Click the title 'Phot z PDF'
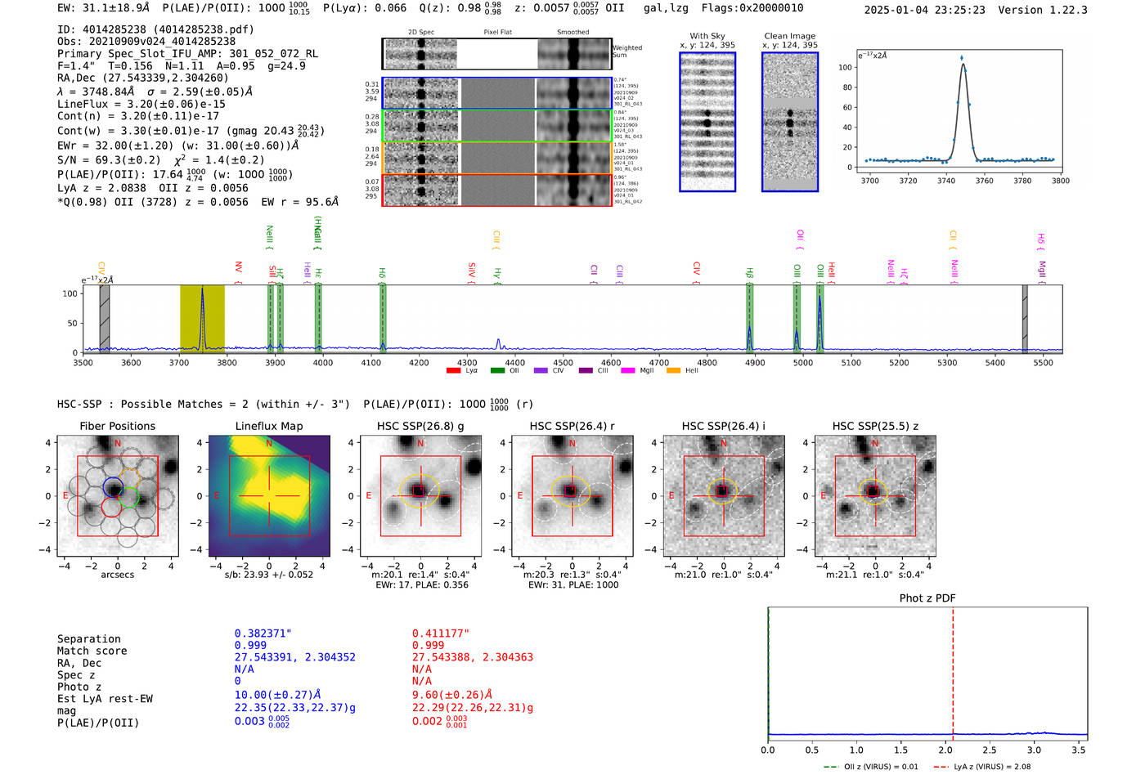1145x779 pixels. tap(927, 598)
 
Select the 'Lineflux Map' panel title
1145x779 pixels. tap(268, 426)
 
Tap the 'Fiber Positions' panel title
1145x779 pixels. tap(117, 426)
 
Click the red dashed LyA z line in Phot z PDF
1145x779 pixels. tap(953, 670)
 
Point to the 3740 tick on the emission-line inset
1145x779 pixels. tap(946, 181)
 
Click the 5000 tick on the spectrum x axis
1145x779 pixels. tap(803, 362)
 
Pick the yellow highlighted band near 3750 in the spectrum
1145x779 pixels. tap(202, 319)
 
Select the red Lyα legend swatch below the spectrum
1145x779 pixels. tap(454, 371)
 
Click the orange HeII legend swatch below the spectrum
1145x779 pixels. tap(673, 371)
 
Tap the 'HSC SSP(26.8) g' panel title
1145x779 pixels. tap(420, 426)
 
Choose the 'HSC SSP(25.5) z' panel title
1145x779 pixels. tap(875, 426)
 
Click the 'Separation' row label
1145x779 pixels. tap(88, 639)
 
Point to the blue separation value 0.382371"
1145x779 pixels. tap(263, 633)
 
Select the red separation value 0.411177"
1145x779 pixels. tap(440, 633)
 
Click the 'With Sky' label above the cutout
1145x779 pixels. tap(707, 36)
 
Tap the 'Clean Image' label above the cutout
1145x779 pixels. tap(789, 36)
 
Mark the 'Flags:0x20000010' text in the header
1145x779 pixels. tap(752, 8)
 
